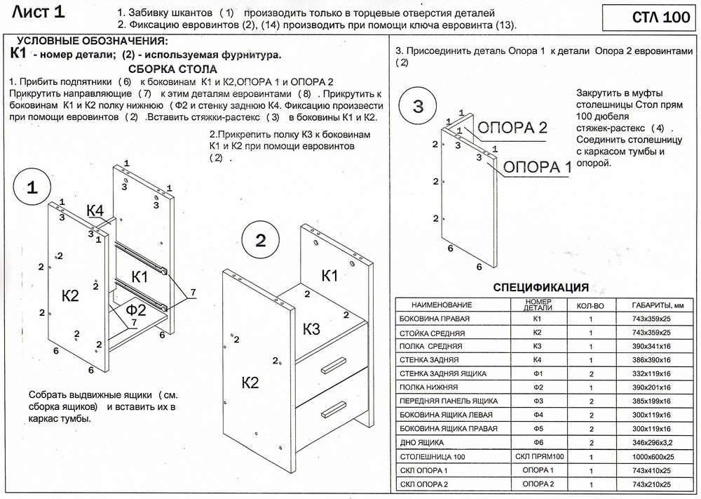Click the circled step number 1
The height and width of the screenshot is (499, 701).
coord(32,187)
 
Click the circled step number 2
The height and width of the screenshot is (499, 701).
coord(261,241)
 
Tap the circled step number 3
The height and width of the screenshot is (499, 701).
coord(418,107)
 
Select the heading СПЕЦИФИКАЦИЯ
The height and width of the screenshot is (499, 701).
coord(540,287)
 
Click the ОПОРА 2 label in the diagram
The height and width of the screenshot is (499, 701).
coord(512,128)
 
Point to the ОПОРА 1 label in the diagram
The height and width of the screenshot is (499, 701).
coord(538,167)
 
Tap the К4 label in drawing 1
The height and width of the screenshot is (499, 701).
coord(95,211)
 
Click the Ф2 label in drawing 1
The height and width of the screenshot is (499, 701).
coord(136,310)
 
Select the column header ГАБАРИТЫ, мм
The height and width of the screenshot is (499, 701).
coord(652,305)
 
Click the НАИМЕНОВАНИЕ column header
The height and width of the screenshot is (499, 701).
coord(442,305)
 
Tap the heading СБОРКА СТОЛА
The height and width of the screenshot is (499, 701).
coord(173,69)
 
